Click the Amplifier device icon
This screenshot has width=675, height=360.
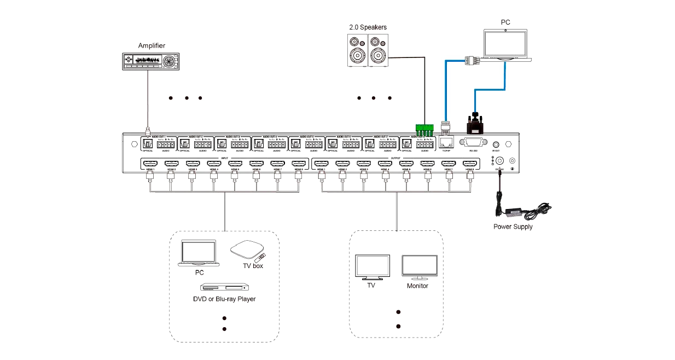coord(151,60)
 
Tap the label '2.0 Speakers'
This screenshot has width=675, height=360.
coord(368,27)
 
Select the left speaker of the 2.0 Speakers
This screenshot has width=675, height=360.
coord(357,51)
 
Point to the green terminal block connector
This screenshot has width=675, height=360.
coord(424,130)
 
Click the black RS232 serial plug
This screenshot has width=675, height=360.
coord(475,123)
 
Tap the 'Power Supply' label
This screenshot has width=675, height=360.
coord(513,227)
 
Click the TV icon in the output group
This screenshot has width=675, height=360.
coord(372,266)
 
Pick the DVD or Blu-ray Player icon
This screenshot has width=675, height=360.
coord(223,287)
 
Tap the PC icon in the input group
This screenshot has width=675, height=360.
coord(199,252)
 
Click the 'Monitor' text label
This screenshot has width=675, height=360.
coord(418,286)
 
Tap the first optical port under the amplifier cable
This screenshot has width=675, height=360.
coord(148,143)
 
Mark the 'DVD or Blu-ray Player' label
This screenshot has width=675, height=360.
coord(224,299)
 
